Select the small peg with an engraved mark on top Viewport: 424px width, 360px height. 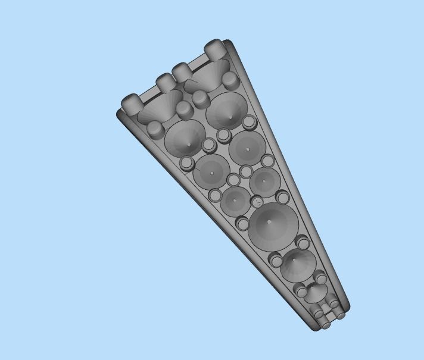[257, 202]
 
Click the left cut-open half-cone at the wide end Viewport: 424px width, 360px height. [160, 106]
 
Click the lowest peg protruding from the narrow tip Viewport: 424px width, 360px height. [325, 325]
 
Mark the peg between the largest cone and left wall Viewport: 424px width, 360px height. [242, 224]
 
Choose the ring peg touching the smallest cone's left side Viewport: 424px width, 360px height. [301, 291]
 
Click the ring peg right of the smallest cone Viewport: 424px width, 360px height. [321, 278]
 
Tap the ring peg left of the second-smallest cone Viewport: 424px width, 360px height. [276, 260]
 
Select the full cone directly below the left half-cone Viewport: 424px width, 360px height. [185, 137]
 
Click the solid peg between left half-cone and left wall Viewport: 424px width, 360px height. [155, 128]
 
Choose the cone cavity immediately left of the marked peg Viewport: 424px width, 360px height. [235, 201]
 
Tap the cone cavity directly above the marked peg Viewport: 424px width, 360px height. [264, 180]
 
